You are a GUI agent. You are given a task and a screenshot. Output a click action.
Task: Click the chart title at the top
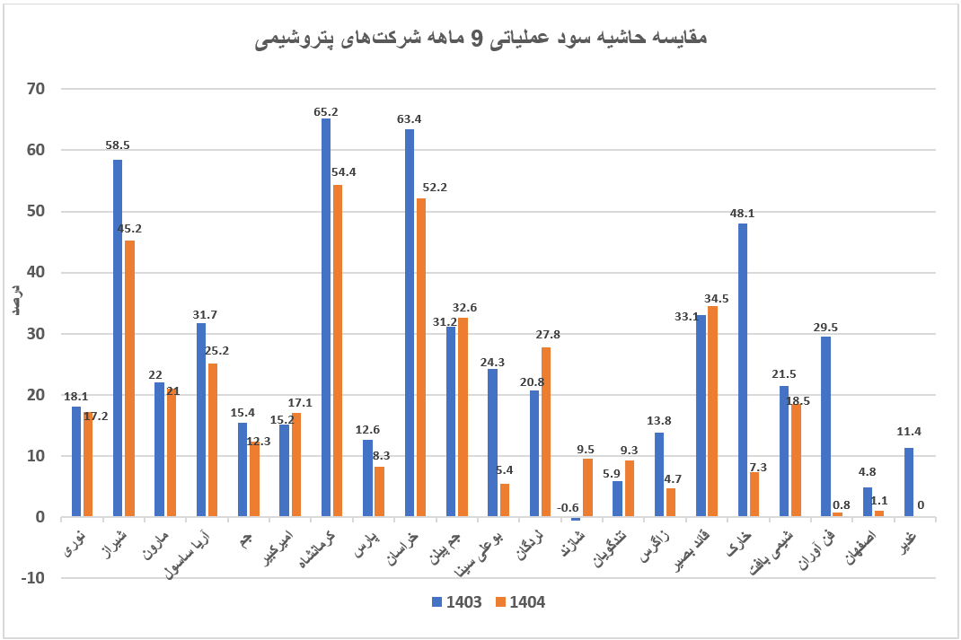[480, 39]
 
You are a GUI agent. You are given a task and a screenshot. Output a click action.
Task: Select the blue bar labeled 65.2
[326, 318]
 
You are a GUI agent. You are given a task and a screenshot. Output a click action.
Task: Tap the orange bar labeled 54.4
[338, 351]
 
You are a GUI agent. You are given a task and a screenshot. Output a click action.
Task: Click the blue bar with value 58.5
[118, 338]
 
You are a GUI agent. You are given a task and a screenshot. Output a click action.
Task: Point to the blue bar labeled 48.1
[743, 370]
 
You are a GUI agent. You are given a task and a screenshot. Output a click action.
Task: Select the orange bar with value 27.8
[546, 432]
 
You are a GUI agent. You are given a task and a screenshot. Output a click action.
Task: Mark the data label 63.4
[410, 118]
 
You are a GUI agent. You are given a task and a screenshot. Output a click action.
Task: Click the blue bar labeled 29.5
[825, 426]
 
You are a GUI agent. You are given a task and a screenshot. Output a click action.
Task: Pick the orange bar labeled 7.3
[754, 495]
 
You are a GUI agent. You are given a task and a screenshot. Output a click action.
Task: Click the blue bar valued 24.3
[492, 443]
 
